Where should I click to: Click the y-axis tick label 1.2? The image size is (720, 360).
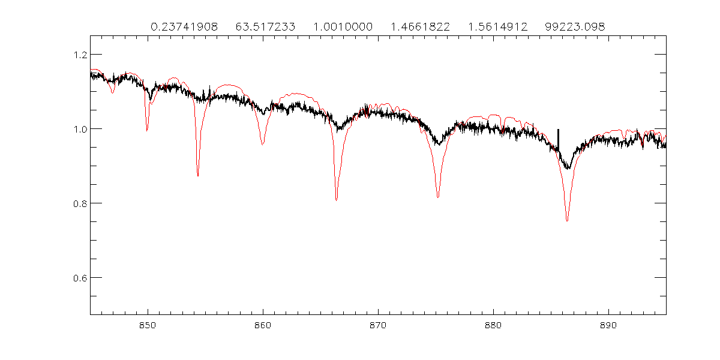click(77, 55)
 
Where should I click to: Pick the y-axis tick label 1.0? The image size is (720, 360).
click(77, 129)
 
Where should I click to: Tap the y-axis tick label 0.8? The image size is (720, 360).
click(77, 203)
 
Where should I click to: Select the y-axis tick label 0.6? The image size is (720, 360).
click(77, 278)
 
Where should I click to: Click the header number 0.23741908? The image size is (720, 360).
click(184, 27)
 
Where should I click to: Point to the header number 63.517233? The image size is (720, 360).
click(265, 27)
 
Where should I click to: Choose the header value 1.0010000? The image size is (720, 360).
click(343, 27)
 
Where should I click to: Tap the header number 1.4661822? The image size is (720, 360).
click(420, 27)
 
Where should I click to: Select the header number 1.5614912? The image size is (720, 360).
click(497, 27)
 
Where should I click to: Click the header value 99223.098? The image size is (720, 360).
click(575, 27)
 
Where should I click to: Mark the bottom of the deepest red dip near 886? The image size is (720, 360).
click(567, 221)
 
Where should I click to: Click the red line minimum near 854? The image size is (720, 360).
click(198, 175)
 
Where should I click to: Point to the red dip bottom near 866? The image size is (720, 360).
click(337, 200)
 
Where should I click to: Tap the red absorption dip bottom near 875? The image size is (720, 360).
click(438, 197)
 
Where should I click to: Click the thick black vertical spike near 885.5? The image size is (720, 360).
click(558, 139)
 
